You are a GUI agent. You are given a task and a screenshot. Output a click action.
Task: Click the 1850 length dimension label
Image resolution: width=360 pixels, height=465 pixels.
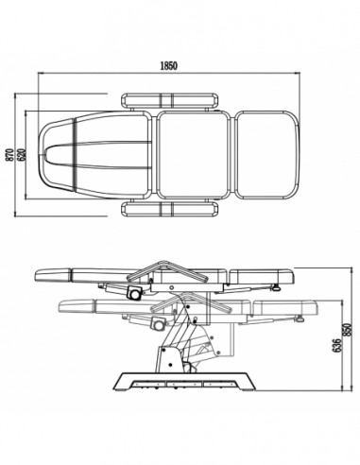169,65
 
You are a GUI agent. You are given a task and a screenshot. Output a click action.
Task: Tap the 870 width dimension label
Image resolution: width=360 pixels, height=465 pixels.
9,155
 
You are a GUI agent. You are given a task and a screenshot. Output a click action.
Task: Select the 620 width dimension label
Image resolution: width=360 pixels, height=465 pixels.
21,155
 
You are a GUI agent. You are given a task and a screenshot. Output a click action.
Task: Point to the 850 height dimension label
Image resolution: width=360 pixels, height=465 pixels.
348,330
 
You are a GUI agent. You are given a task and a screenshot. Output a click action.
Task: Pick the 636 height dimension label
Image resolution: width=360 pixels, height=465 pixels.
336,345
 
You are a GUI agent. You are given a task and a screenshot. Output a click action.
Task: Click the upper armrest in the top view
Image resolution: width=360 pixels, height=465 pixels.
169,100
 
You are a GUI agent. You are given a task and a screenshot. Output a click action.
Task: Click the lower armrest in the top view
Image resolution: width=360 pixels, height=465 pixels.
169,210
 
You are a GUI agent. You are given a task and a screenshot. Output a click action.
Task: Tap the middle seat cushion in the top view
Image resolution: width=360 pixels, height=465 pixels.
194,155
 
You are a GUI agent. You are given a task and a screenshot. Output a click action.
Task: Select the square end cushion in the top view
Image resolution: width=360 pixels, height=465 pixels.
267,155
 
